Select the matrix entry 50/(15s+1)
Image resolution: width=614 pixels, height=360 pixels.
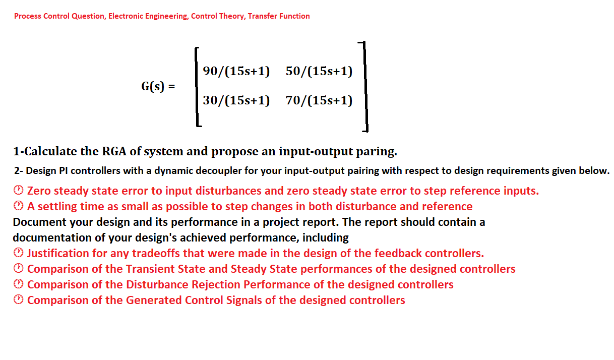coord(319,71)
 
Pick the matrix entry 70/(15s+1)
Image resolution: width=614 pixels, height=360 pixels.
coord(319,100)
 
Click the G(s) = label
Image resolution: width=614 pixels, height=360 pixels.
coord(158,86)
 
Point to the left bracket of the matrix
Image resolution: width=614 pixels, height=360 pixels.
coord(197,86)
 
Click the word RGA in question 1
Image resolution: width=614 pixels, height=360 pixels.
coord(114,151)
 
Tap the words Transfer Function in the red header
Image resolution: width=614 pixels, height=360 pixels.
coord(279,16)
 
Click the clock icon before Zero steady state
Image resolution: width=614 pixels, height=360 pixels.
coord(18,191)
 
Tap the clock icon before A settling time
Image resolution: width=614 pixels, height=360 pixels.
coord(18,206)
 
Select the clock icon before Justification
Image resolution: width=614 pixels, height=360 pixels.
coord(18,253)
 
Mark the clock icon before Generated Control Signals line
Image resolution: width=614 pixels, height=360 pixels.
coord(18,301)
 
